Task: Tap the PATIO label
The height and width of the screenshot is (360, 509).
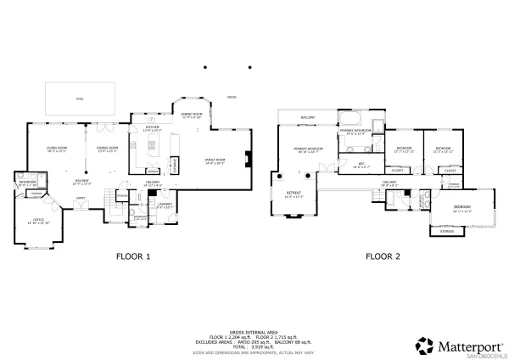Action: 231,97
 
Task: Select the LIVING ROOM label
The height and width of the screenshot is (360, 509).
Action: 56,148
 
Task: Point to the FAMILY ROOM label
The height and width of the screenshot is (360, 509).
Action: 215,159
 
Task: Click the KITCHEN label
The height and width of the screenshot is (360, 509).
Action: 152,127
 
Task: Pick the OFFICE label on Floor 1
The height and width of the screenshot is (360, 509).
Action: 37,219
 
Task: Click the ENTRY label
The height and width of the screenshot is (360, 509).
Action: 81,197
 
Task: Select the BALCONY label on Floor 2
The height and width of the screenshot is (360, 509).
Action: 307,116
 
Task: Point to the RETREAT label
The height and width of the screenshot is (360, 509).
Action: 293,193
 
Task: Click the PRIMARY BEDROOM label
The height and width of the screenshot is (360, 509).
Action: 308,149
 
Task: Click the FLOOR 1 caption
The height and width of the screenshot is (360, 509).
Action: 132,255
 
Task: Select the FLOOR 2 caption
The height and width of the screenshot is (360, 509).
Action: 382,255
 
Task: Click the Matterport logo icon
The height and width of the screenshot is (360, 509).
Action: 423,346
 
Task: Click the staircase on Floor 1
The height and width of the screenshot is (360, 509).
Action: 109,204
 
